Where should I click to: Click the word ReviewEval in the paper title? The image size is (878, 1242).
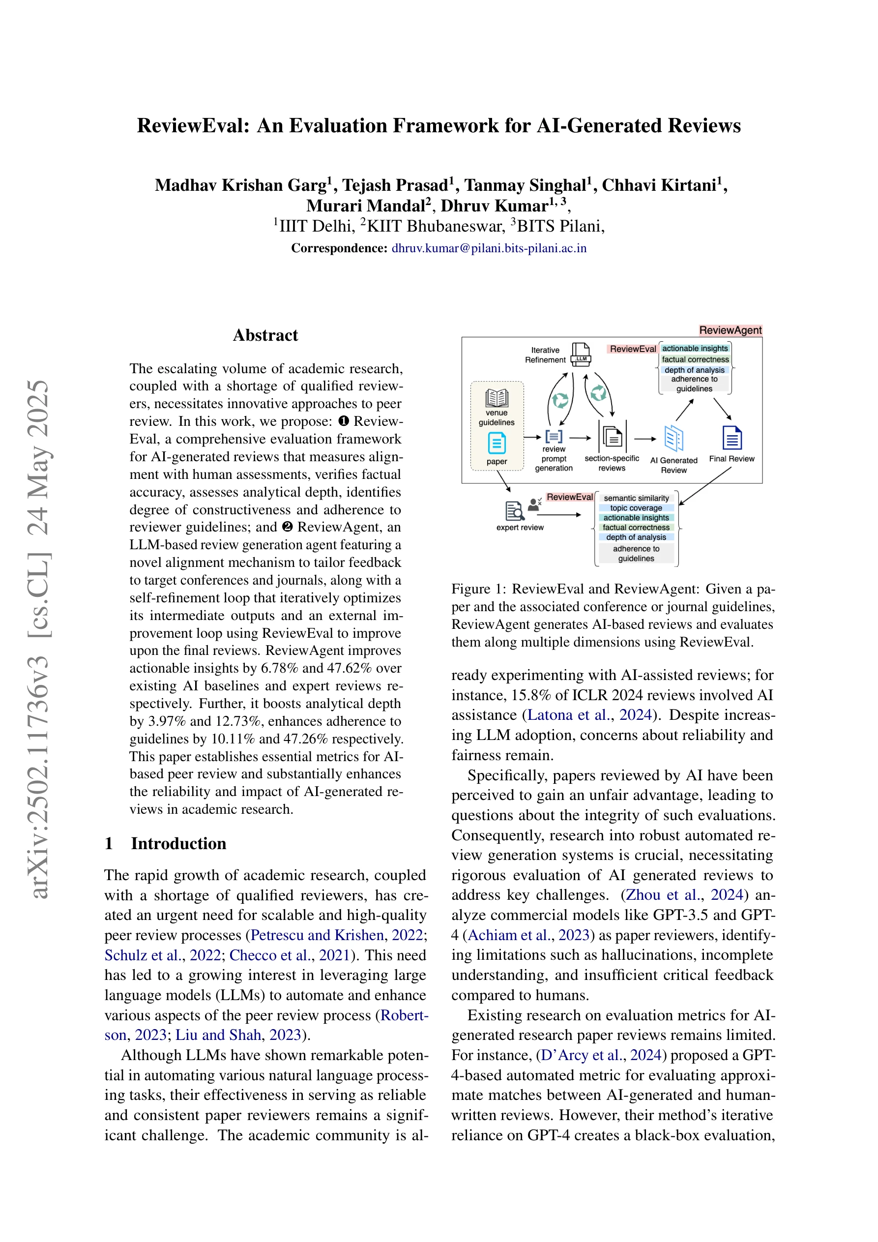[194, 125]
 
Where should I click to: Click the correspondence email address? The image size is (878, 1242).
[489, 248]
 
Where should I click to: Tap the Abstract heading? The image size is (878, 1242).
[265, 335]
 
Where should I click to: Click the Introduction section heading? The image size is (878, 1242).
[178, 843]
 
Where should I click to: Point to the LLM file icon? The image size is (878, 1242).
[581, 355]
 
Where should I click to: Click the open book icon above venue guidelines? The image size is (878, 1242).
[497, 398]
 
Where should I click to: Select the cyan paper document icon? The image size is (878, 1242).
[497, 443]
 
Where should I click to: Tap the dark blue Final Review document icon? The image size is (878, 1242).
[732, 438]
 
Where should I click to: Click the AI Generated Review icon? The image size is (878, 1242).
[673, 438]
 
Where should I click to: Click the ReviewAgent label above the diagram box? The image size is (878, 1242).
[731, 330]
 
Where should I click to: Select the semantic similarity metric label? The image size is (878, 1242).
[636, 498]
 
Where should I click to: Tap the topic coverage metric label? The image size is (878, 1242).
[636, 508]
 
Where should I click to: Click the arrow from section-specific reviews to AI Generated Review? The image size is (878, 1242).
[645, 439]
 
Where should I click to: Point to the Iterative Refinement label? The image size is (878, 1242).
[545, 355]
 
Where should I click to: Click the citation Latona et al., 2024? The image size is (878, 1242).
[589, 715]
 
